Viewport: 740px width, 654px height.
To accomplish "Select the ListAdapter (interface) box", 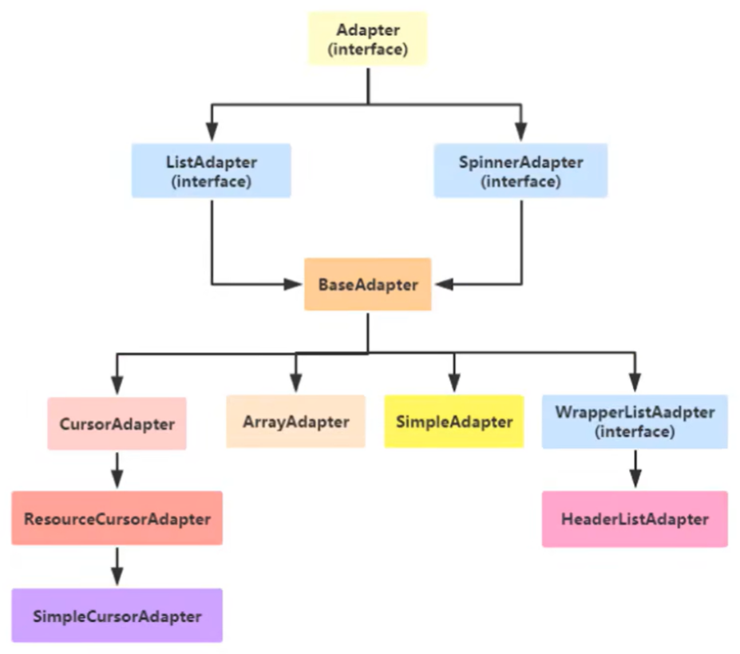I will pyautogui.click(x=212, y=171).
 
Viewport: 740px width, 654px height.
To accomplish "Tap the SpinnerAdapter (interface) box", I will pyautogui.click(x=520, y=171).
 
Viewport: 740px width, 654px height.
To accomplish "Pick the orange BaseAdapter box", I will pyautogui.click(x=368, y=284).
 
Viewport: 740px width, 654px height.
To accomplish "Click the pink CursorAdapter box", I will pyautogui.click(x=117, y=424).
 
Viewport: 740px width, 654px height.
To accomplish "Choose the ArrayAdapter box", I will pyautogui.click(x=295, y=422).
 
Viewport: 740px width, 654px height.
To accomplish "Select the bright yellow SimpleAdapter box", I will pyautogui.click(x=453, y=422).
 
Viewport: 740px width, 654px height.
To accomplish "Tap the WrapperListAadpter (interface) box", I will pyautogui.click(x=635, y=422).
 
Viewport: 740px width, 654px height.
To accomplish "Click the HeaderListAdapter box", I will pyautogui.click(x=635, y=519).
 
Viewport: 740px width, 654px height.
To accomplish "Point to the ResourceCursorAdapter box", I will pyautogui.click(x=117, y=519).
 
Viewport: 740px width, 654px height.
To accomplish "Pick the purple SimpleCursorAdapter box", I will pyautogui.click(x=117, y=616).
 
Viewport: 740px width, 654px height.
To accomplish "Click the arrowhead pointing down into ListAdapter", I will pyautogui.click(x=212, y=133).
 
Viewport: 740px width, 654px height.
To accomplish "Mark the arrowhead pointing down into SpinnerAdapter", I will pyautogui.click(x=521, y=133).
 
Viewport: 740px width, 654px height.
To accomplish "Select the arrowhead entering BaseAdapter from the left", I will pyautogui.click(x=291, y=283).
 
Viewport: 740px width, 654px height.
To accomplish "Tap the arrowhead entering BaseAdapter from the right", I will pyautogui.click(x=444, y=283).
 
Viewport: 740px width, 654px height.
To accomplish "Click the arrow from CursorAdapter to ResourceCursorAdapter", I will pyautogui.click(x=117, y=470).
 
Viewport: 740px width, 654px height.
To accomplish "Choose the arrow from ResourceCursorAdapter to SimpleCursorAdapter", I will pyautogui.click(x=117, y=567).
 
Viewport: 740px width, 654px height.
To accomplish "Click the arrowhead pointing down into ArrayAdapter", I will pyautogui.click(x=295, y=382).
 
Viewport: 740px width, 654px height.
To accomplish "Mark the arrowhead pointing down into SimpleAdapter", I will pyautogui.click(x=453, y=382).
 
